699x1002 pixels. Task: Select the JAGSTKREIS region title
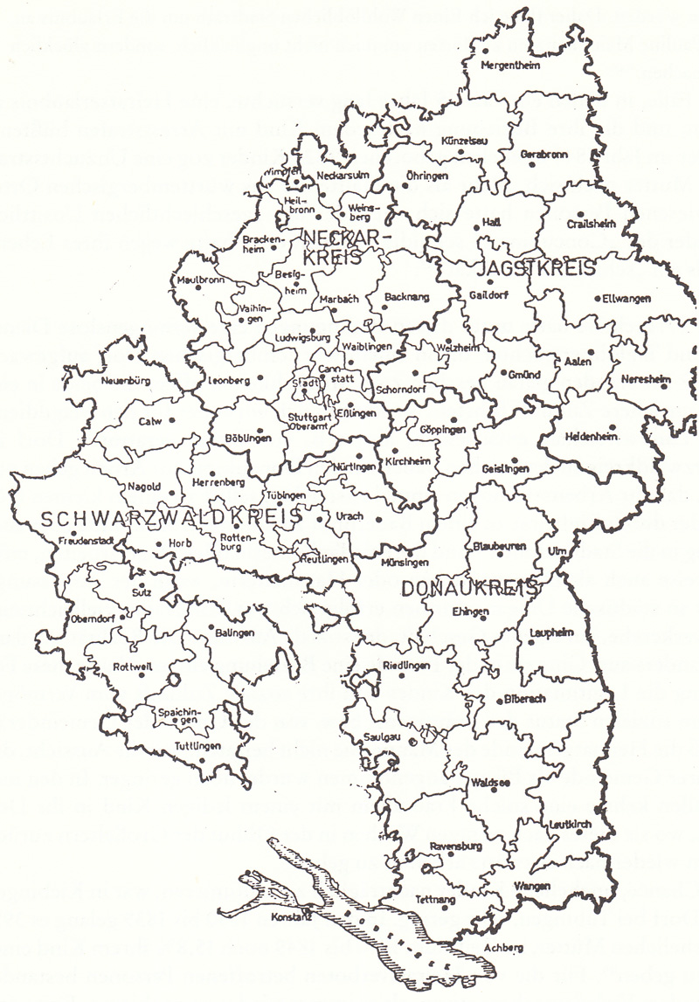537,267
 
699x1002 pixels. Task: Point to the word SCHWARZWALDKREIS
171,517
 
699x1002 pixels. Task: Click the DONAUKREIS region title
468,589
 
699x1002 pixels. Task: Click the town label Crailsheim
591,224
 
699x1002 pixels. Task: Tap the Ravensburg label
458,846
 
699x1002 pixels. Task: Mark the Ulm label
557,550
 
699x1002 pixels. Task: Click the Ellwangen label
626,298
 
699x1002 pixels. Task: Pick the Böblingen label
247,439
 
